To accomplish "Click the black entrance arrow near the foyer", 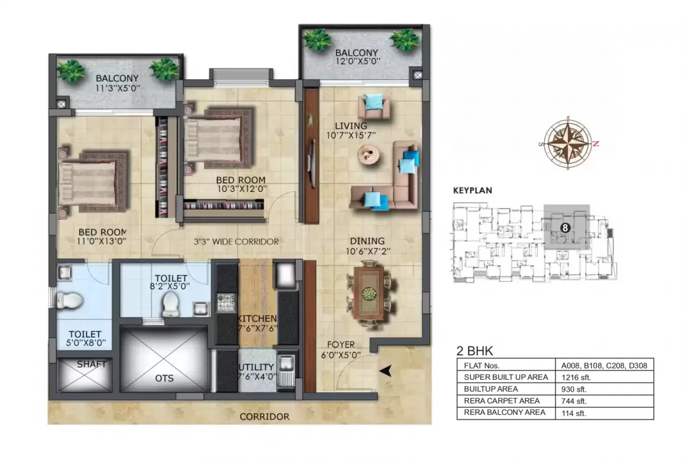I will pos(385,371).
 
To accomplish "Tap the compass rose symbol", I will pos(568,143).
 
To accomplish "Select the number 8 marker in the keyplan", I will pos(566,227).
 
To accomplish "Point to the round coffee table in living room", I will pos(370,156).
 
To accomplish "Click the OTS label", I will pos(164,378).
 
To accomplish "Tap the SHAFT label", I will pos(91,364).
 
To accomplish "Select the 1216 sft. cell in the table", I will pos(576,377).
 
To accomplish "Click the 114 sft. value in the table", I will pos(574,414).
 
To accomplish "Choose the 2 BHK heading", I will pos(475,350).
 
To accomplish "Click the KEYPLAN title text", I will pos(473,191).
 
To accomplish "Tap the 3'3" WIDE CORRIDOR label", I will pos(236,242).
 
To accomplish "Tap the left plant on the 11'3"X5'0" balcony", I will pos(72,71).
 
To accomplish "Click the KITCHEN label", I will pos(256,319).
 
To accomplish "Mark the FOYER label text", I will pos(341,344).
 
